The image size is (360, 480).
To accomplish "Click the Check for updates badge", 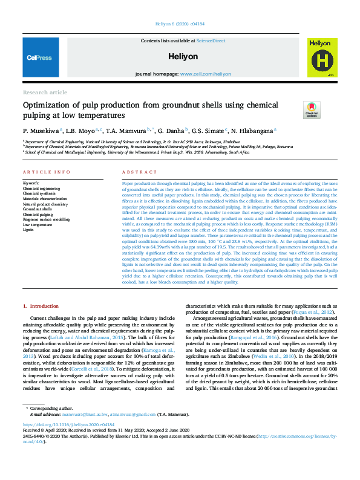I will [x=312, y=109].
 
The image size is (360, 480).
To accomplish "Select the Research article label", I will [x=45, y=92].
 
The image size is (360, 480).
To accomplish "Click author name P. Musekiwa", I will [x=41, y=130].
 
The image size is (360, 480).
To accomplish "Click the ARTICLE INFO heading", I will [x=47, y=172].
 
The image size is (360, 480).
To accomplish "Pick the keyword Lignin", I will [x=29, y=230].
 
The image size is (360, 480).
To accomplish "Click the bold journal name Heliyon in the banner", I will [x=180, y=56].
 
